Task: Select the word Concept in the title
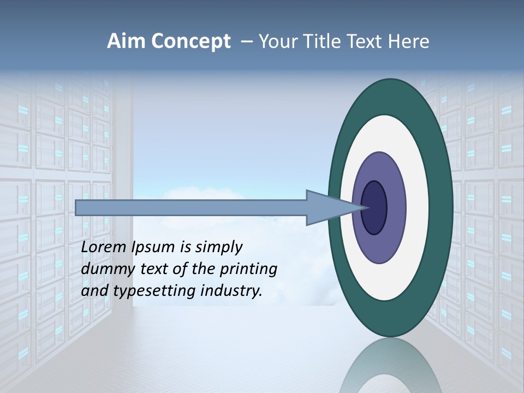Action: (x=191, y=42)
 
